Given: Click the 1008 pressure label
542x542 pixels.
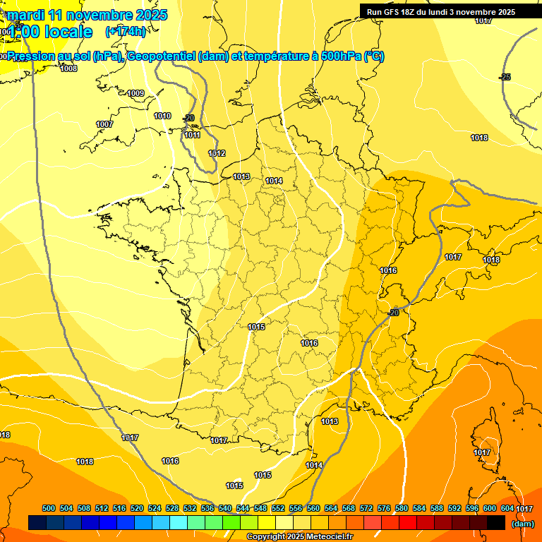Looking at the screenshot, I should point(68,68).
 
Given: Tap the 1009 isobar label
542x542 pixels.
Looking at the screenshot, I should point(135,94).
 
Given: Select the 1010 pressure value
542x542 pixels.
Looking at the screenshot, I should point(162,116).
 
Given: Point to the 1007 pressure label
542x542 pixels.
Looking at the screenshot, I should point(104,125).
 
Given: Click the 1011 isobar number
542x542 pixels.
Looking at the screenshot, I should point(192,135).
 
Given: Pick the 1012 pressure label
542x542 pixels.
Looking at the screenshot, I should point(217,153).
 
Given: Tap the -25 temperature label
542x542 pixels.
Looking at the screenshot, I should point(505,77).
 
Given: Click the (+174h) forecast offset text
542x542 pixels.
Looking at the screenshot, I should point(126,31).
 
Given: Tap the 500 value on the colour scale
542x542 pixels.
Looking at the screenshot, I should point(49,508).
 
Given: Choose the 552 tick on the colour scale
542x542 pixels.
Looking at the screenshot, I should point(278,508).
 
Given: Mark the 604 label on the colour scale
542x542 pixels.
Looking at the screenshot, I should point(507,508).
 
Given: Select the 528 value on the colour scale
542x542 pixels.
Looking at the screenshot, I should point(172,508).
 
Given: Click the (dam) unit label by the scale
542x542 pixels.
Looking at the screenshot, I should point(523,524).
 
